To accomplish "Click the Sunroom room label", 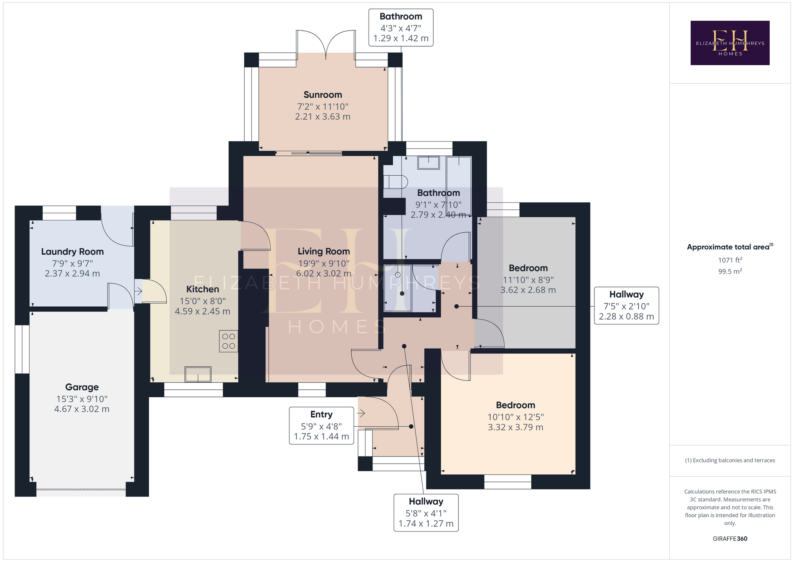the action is pyautogui.click(x=323, y=95).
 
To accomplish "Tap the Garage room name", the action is pyautogui.click(x=82, y=387).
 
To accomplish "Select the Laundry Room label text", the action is pyautogui.click(x=73, y=252).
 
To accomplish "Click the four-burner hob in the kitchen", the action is pyautogui.click(x=229, y=341).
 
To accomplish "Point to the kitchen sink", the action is pyautogui.click(x=198, y=374).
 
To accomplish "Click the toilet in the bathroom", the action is pyautogui.click(x=395, y=182).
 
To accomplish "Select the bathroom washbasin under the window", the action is pyautogui.click(x=429, y=162).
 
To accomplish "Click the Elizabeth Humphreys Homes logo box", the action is pyautogui.click(x=730, y=43).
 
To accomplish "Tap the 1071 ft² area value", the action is pyautogui.click(x=730, y=260).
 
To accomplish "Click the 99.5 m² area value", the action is pyautogui.click(x=730, y=271).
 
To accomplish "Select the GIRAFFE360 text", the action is pyautogui.click(x=730, y=538).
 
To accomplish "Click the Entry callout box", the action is pyautogui.click(x=322, y=426).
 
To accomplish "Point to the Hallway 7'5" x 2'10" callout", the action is pyautogui.click(x=627, y=306).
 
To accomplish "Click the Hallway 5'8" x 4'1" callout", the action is pyautogui.click(x=426, y=513).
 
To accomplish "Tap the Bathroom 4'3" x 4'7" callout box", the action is pyautogui.click(x=401, y=27).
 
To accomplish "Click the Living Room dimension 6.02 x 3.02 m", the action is pyautogui.click(x=323, y=273).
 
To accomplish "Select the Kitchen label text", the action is pyautogui.click(x=203, y=289).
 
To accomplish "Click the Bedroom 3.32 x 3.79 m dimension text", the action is pyautogui.click(x=516, y=427).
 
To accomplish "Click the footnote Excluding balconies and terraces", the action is pyautogui.click(x=730, y=460).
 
